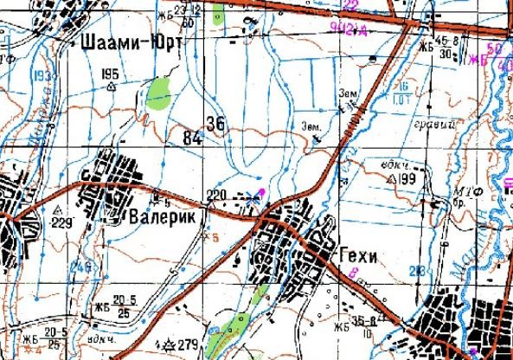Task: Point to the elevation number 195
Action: pyautogui.click(x=109, y=73)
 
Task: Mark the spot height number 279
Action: pyautogui.click(x=188, y=346)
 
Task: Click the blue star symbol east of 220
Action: pyautogui.click(x=253, y=197)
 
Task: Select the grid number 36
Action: pyautogui.click(x=215, y=125)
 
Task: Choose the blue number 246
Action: pyautogui.click(x=80, y=267)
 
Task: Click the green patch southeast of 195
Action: pyautogui.click(x=158, y=93)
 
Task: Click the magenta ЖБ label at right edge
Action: pyautogui.click(x=478, y=61)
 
